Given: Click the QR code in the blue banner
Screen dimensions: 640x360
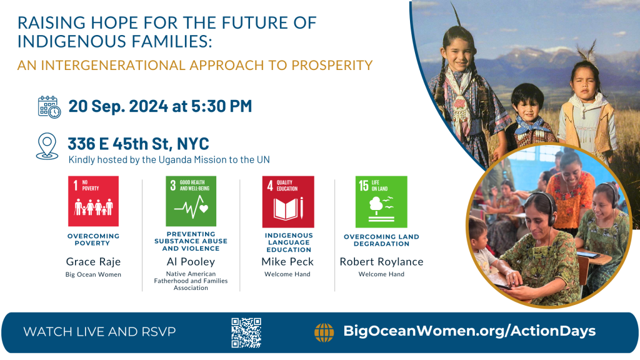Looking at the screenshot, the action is (x=246, y=332).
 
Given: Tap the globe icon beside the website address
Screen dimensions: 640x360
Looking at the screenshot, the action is (x=324, y=332).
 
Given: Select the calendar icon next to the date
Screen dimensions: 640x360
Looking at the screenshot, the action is (x=49, y=107).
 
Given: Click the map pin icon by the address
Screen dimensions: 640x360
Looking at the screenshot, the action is (x=47, y=146).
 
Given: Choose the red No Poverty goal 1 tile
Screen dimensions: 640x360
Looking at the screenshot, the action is (x=94, y=201).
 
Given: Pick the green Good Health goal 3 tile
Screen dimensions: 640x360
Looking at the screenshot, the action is (x=191, y=201).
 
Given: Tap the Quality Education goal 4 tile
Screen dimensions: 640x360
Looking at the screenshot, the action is (x=288, y=202).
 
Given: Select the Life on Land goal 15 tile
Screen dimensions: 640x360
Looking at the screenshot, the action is (x=381, y=202).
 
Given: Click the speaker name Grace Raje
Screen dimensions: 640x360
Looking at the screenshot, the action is (x=94, y=262).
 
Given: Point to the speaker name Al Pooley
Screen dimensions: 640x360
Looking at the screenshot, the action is (x=191, y=262).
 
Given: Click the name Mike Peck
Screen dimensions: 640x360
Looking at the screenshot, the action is (x=287, y=262).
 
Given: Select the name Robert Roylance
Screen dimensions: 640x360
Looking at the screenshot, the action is (x=382, y=262).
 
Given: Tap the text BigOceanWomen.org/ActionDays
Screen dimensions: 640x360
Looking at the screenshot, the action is (x=469, y=331).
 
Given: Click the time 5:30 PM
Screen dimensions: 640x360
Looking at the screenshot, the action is (x=222, y=106).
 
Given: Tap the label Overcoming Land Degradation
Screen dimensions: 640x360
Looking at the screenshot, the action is (x=382, y=240).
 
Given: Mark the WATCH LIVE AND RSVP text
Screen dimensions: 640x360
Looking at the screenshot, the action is (x=99, y=332).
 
